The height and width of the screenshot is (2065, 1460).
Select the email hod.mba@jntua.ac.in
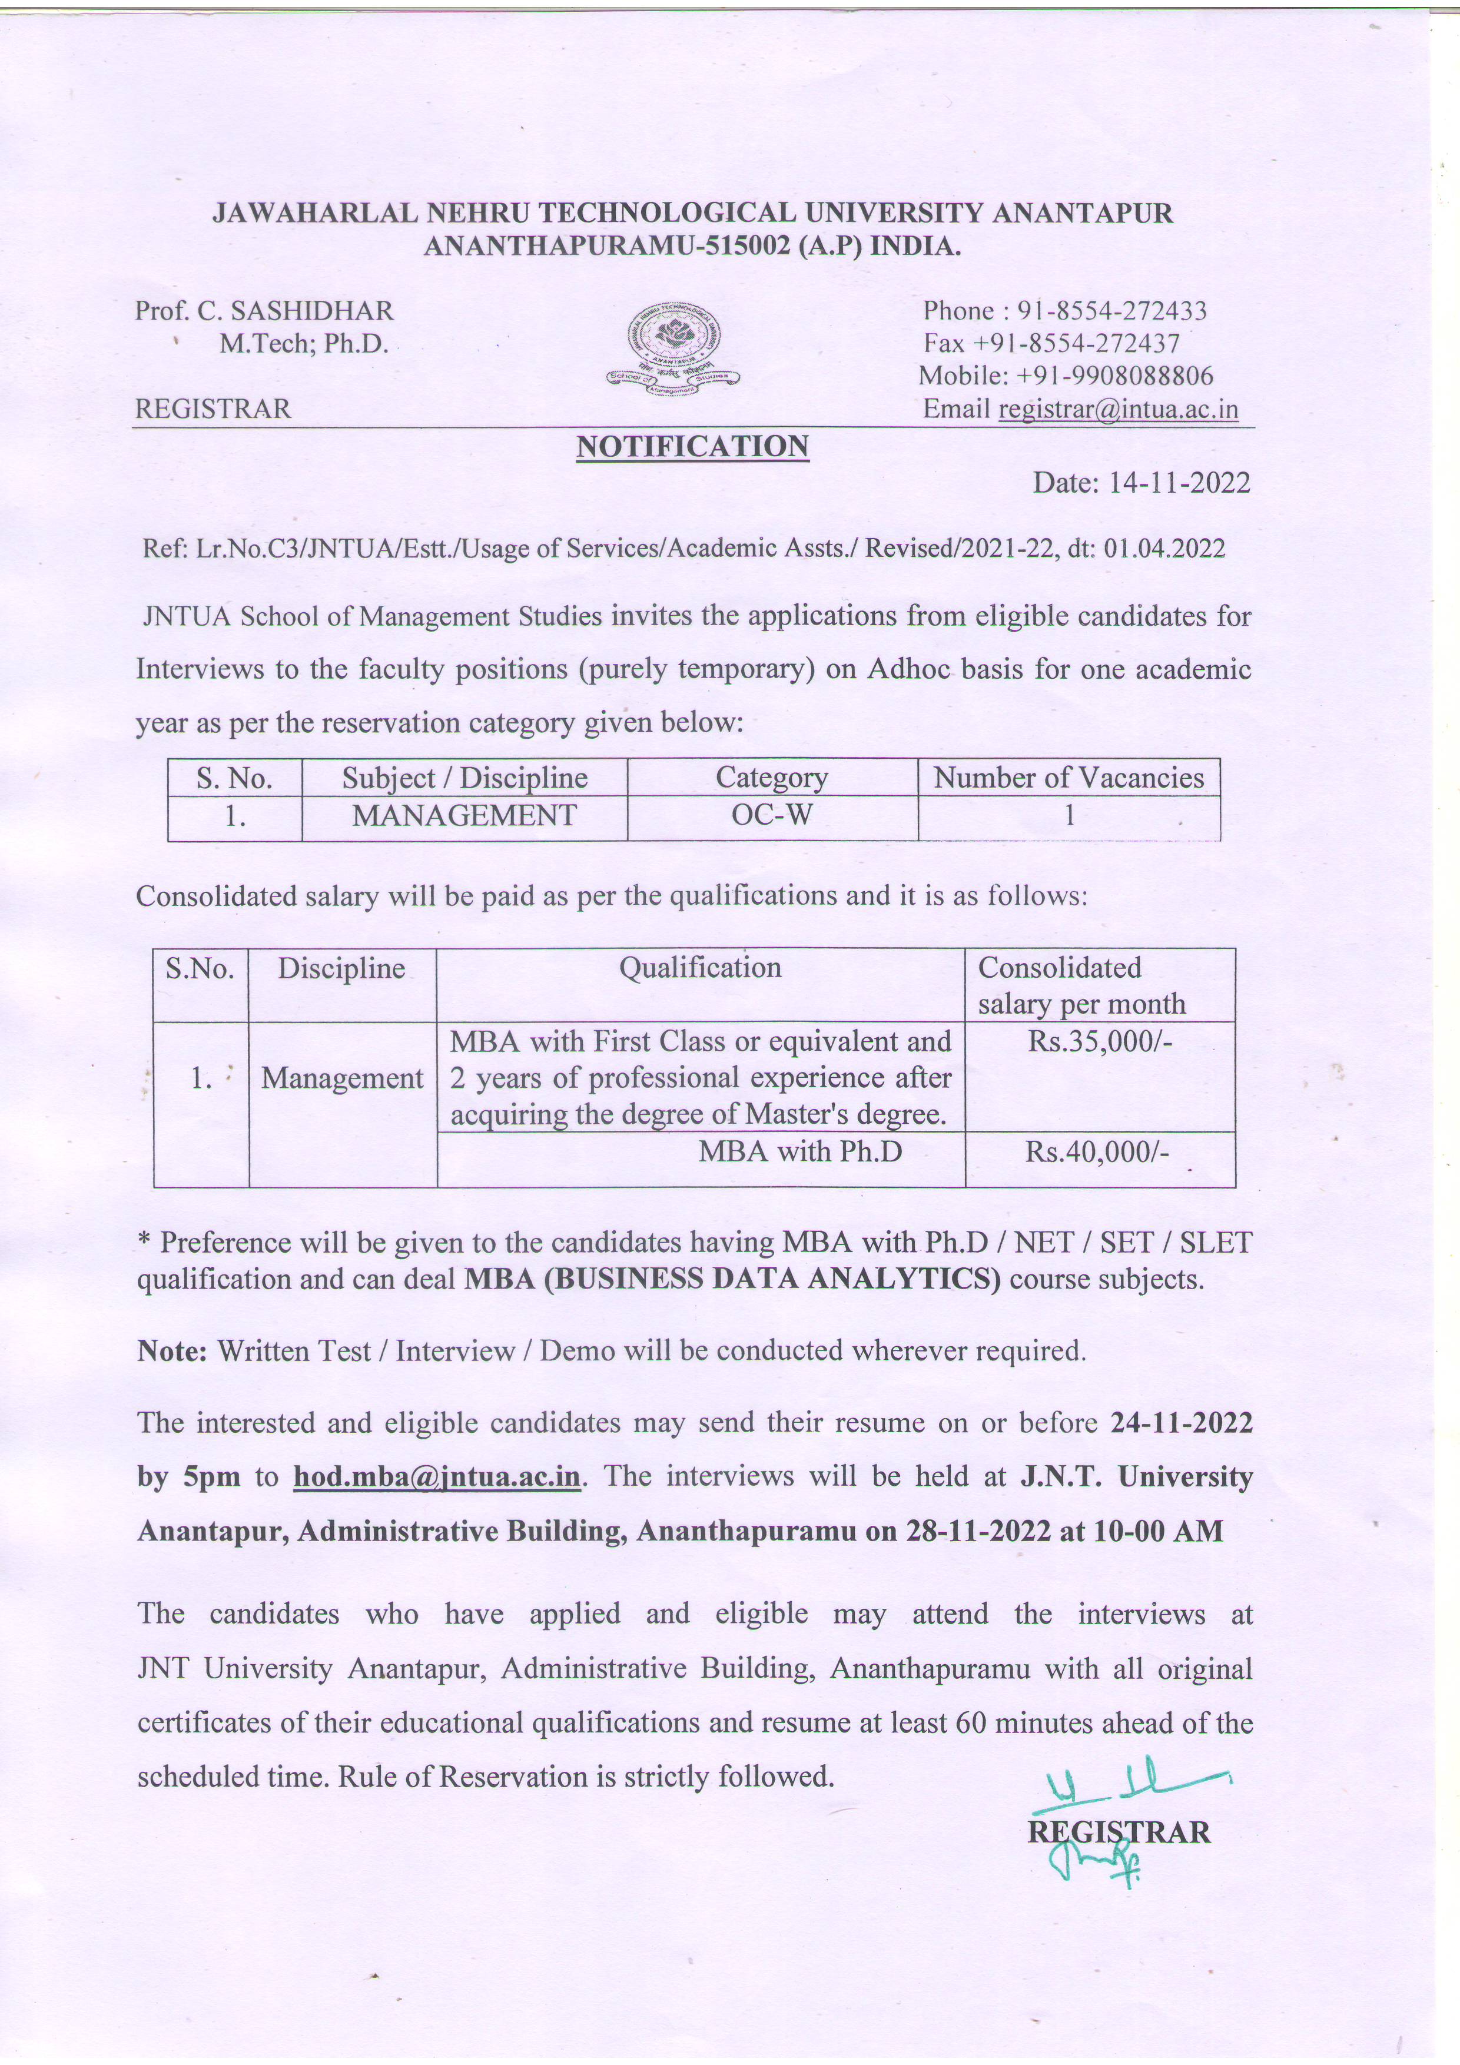(x=437, y=1477)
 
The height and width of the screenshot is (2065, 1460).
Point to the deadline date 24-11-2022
(x=1181, y=1422)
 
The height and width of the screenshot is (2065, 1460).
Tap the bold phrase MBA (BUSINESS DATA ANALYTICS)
(x=732, y=1279)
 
